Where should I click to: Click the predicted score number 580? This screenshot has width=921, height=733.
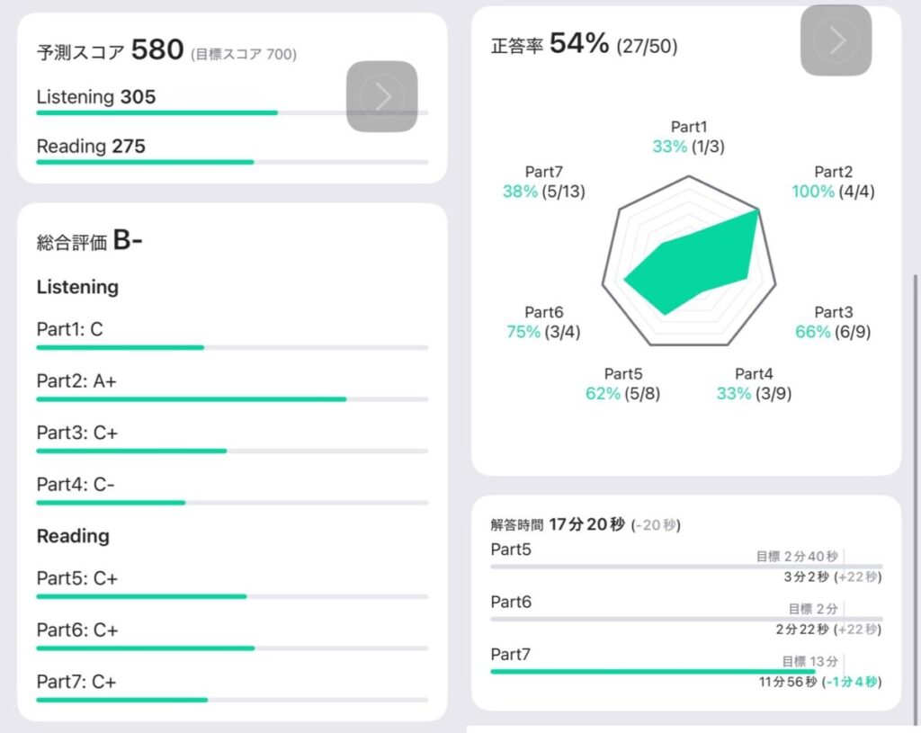coord(157,49)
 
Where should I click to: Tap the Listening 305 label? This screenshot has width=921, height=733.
coord(96,97)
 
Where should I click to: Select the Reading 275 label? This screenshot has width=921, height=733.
coord(91,146)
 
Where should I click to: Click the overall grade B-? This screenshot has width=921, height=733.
coord(128,240)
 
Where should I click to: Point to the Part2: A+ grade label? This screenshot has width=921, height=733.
coord(76,381)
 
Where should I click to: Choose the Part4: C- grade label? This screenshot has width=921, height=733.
coord(76,485)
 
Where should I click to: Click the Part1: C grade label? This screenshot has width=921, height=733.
coord(70,329)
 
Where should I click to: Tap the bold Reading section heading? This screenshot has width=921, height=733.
coord(73,536)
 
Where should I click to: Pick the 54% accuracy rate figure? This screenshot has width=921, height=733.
coord(579,43)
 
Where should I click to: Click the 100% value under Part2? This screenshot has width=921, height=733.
coord(813,191)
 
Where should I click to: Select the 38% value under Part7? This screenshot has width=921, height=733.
coord(520,191)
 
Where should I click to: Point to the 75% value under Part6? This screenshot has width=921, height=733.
coord(523,332)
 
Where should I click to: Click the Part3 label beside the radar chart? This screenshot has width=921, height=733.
coord(833,312)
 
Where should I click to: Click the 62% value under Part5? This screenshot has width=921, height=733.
coord(603,393)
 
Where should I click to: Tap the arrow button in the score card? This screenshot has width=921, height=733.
coord(382,97)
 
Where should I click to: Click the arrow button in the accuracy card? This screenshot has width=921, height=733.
coord(836,40)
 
